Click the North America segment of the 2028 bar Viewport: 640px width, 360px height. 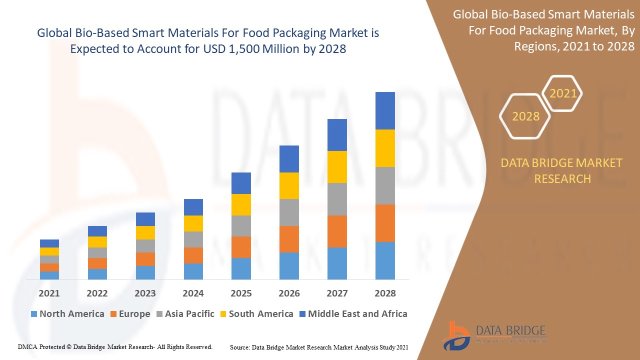tap(385, 260)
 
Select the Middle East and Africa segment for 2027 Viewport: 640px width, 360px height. tap(337, 135)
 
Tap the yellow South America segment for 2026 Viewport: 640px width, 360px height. tap(289, 185)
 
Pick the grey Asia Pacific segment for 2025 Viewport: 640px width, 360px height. tap(241, 226)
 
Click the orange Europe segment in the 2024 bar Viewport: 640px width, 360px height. tap(193, 255)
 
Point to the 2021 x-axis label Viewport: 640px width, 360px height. tap(49, 293)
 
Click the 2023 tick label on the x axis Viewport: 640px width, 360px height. tap(145, 293)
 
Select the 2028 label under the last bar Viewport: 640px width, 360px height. tap(385, 293)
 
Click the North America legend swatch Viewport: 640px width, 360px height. tap(34, 314)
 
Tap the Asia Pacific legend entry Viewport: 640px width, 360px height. tap(186, 314)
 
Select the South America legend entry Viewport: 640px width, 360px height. tap(256, 314)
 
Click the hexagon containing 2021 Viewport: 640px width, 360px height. tap(563, 93)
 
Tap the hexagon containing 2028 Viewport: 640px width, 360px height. tap(525, 116)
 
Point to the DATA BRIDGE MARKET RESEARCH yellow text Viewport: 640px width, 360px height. tap(561, 170)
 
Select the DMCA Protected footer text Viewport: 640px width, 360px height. tap(115, 346)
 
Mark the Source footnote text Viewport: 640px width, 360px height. tap(319, 347)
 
